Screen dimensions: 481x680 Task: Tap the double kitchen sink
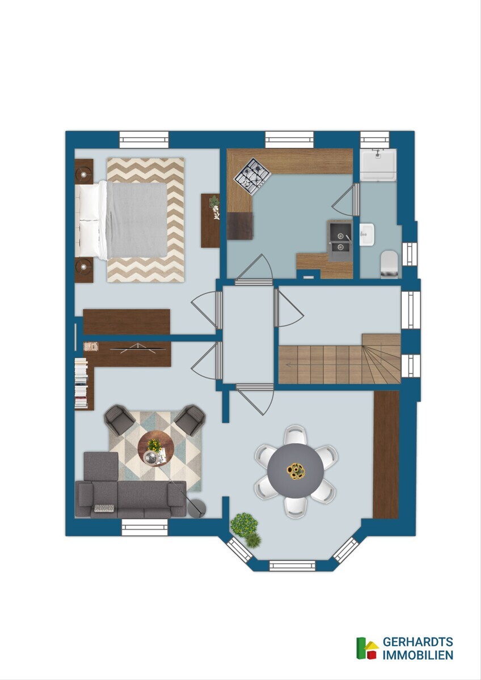pyautogui.click(x=340, y=240)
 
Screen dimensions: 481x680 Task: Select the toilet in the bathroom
pyautogui.click(x=389, y=264)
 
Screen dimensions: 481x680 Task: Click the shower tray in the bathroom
pyautogui.click(x=378, y=165)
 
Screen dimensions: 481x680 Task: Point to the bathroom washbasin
pyautogui.click(x=367, y=234)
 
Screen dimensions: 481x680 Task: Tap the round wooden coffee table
pyautogui.click(x=156, y=449)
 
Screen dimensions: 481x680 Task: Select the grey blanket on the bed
pyautogui.click(x=137, y=220)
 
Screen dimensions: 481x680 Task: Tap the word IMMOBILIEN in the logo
pyautogui.click(x=418, y=655)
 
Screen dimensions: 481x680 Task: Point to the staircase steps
pyautogui.click(x=339, y=359)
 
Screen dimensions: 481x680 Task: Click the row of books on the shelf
pyautogui.click(x=81, y=382)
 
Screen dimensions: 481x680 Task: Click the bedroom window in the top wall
pyautogui.click(x=144, y=139)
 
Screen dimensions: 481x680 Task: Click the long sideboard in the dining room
pyautogui.click(x=386, y=454)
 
